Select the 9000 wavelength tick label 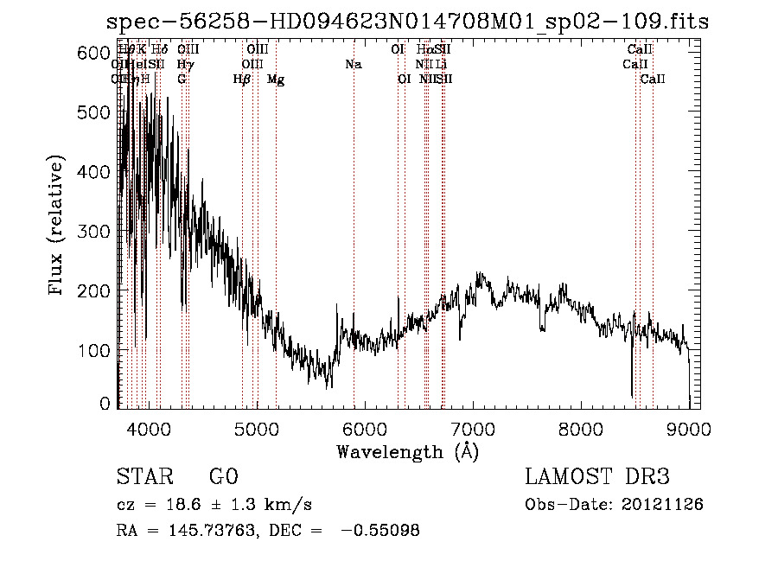point(689,429)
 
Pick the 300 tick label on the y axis point(95,232)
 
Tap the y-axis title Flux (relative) point(57,226)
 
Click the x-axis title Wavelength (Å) point(407,451)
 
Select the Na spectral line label point(353,65)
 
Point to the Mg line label point(276,80)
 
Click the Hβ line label point(242,80)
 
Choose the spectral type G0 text point(224,477)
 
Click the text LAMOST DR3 point(597,477)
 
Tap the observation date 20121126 point(666,504)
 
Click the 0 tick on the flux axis point(105,404)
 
